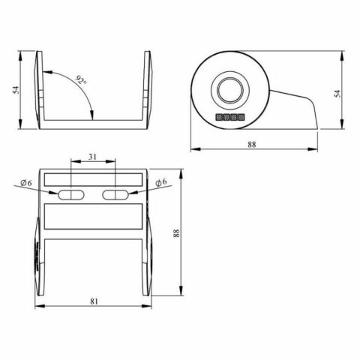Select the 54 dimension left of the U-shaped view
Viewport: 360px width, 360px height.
tap(14, 89)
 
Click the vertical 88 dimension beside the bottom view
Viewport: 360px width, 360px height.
tap(176, 234)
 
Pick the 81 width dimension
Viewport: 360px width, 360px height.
tap(94, 301)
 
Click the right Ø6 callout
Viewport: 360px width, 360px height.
tap(160, 181)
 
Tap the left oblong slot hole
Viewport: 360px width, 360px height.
tap(72, 194)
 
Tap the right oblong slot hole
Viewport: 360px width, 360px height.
tap(116, 194)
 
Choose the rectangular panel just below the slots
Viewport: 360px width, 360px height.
tap(94, 217)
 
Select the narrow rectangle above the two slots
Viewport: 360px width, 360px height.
tap(94, 178)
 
